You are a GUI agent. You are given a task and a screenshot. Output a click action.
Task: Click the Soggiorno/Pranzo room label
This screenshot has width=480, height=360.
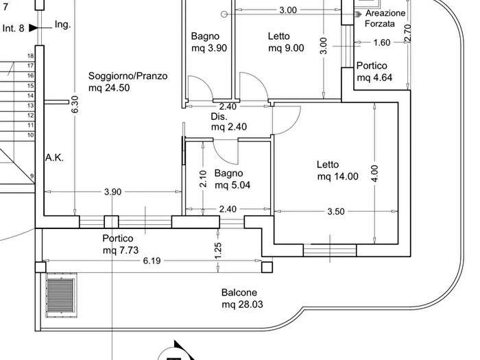coord(128,76)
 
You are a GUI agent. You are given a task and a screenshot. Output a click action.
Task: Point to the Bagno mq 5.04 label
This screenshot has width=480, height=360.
coord(230,179)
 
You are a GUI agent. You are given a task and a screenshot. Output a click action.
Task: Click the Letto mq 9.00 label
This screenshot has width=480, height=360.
coord(285,42)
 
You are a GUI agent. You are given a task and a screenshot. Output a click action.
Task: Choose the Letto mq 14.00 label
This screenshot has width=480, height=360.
coord(337,171)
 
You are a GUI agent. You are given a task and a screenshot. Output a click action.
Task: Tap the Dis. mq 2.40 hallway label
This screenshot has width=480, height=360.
coord(228,121)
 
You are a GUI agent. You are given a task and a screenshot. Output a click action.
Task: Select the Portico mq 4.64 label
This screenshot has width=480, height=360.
coord(374,71)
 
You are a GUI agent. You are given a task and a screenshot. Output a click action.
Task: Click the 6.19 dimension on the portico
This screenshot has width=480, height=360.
coord(152,262)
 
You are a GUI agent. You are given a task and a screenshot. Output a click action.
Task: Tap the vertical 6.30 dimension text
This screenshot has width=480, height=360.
coord(75,103)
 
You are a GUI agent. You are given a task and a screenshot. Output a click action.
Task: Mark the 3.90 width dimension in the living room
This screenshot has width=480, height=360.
coord(112,192)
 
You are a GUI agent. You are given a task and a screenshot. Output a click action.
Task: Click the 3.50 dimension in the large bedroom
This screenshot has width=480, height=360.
coord(335,211)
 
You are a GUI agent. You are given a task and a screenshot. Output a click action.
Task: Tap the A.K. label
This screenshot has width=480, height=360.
coord(55,158)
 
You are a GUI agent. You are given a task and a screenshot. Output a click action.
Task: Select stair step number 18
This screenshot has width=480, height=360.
coord(31,56)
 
